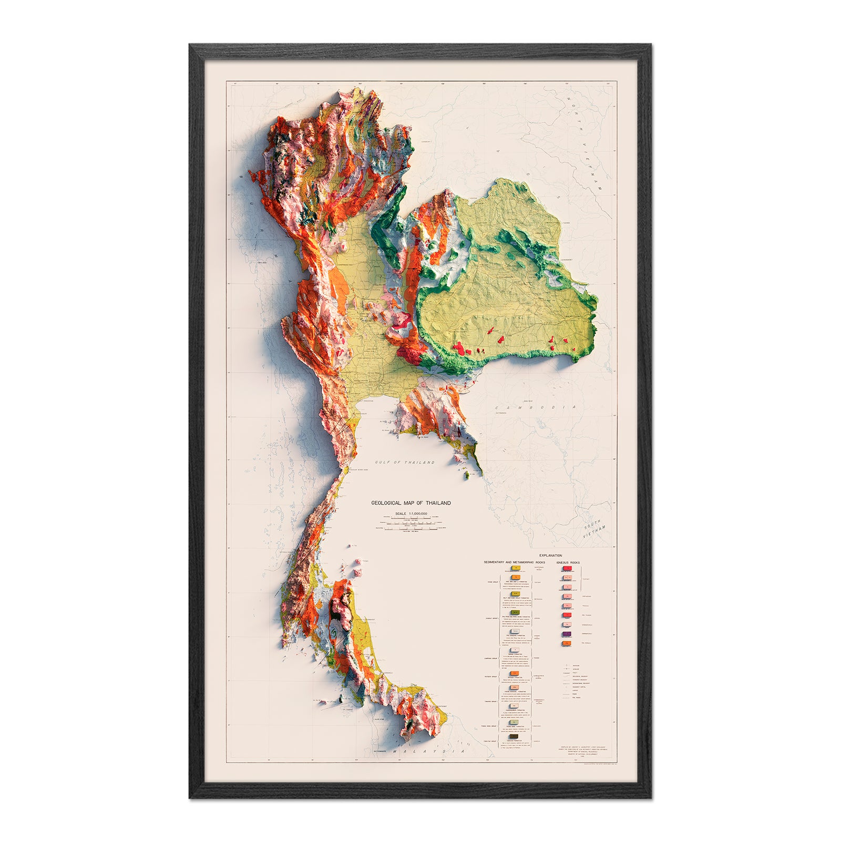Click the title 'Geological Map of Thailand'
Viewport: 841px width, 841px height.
(411, 503)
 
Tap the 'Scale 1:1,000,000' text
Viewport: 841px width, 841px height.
(411, 514)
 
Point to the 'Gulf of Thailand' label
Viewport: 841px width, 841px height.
(405, 463)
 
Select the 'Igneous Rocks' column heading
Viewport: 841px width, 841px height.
(568, 562)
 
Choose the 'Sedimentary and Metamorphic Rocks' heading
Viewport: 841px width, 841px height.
(515, 562)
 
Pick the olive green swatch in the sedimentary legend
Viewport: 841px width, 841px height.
(515, 612)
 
